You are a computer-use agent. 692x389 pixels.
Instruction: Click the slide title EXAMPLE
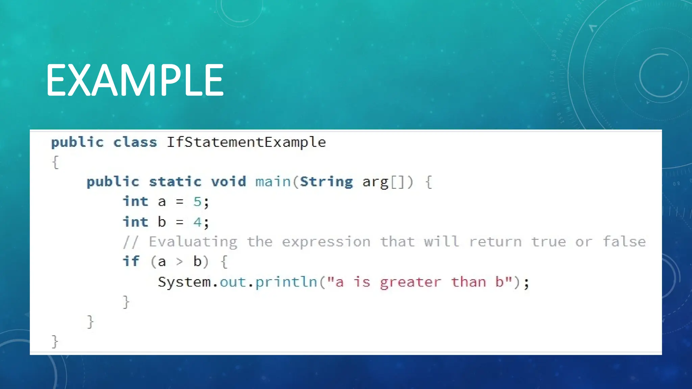tap(134, 80)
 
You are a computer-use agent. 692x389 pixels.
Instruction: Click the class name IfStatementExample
tap(246, 142)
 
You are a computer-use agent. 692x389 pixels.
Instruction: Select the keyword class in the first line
tap(135, 142)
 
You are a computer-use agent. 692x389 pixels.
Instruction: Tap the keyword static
tap(175, 182)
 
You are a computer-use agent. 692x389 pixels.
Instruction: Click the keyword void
tap(228, 182)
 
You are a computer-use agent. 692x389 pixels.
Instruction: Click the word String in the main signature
tap(326, 182)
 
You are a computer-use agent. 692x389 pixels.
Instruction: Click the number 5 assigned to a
tap(197, 202)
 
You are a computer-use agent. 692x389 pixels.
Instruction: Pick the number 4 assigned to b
tap(197, 222)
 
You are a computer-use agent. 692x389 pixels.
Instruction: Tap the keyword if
tap(131, 261)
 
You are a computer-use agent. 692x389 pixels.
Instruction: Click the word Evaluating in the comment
tap(193, 242)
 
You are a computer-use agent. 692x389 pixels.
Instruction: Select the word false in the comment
tap(624, 242)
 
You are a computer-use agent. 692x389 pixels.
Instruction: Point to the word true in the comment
tap(548, 242)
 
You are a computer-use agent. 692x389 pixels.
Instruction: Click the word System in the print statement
tap(184, 282)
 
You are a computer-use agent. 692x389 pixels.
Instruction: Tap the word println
tap(286, 282)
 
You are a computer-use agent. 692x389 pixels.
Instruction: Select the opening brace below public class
tap(56, 162)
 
